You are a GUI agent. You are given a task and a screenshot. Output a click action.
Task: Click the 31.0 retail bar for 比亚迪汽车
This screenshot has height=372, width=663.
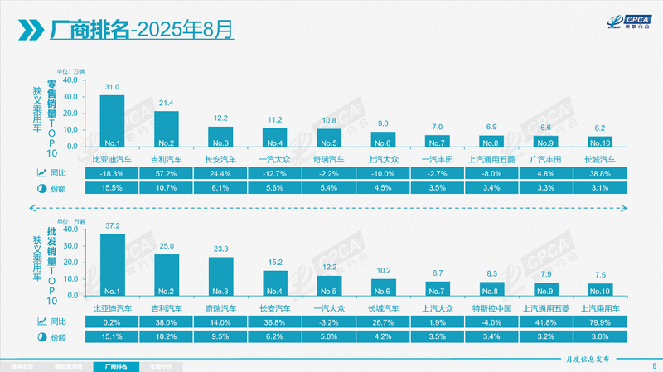112,120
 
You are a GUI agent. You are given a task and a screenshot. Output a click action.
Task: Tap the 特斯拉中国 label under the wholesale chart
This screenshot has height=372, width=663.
493,307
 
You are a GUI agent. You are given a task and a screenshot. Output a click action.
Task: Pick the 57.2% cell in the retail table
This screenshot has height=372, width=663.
166,173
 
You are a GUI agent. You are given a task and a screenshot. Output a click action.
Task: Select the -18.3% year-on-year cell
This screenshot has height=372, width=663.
112,173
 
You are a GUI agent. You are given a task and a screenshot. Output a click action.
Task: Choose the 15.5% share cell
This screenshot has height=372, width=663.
112,189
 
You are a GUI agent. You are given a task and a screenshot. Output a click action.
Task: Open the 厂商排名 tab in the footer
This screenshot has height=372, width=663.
111,365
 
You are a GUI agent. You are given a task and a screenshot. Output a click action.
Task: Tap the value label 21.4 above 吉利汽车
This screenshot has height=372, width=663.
166,104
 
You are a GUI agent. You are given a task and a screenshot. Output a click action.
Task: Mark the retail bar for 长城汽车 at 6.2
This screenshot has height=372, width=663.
600,142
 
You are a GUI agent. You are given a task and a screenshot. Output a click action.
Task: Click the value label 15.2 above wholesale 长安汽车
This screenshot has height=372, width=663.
274,263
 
